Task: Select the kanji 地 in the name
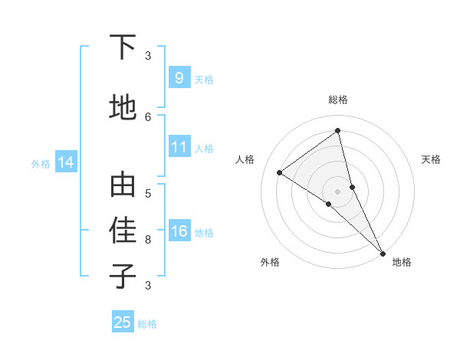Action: tap(123, 107)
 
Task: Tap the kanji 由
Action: tap(123, 186)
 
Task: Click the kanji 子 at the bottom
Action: tap(123, 276)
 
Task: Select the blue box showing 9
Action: tap(179, 77)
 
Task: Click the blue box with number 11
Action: tap(179, 147)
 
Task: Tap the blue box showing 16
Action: tap(179, 231)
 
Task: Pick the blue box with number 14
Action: tap(66, 162)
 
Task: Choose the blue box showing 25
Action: tap(123, 322)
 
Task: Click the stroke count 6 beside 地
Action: tap(148, 116)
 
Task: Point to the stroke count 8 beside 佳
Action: tap(148, 240)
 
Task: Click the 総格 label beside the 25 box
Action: tap(147, 324)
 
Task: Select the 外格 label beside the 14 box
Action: tap(41, 163)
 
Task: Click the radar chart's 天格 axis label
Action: tap(431, 159)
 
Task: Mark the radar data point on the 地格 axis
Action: tap(383, 252)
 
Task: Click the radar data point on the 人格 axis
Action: tap(280, 172)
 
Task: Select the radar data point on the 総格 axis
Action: tap(337, 131)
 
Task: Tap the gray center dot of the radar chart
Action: tap(338, 191)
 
